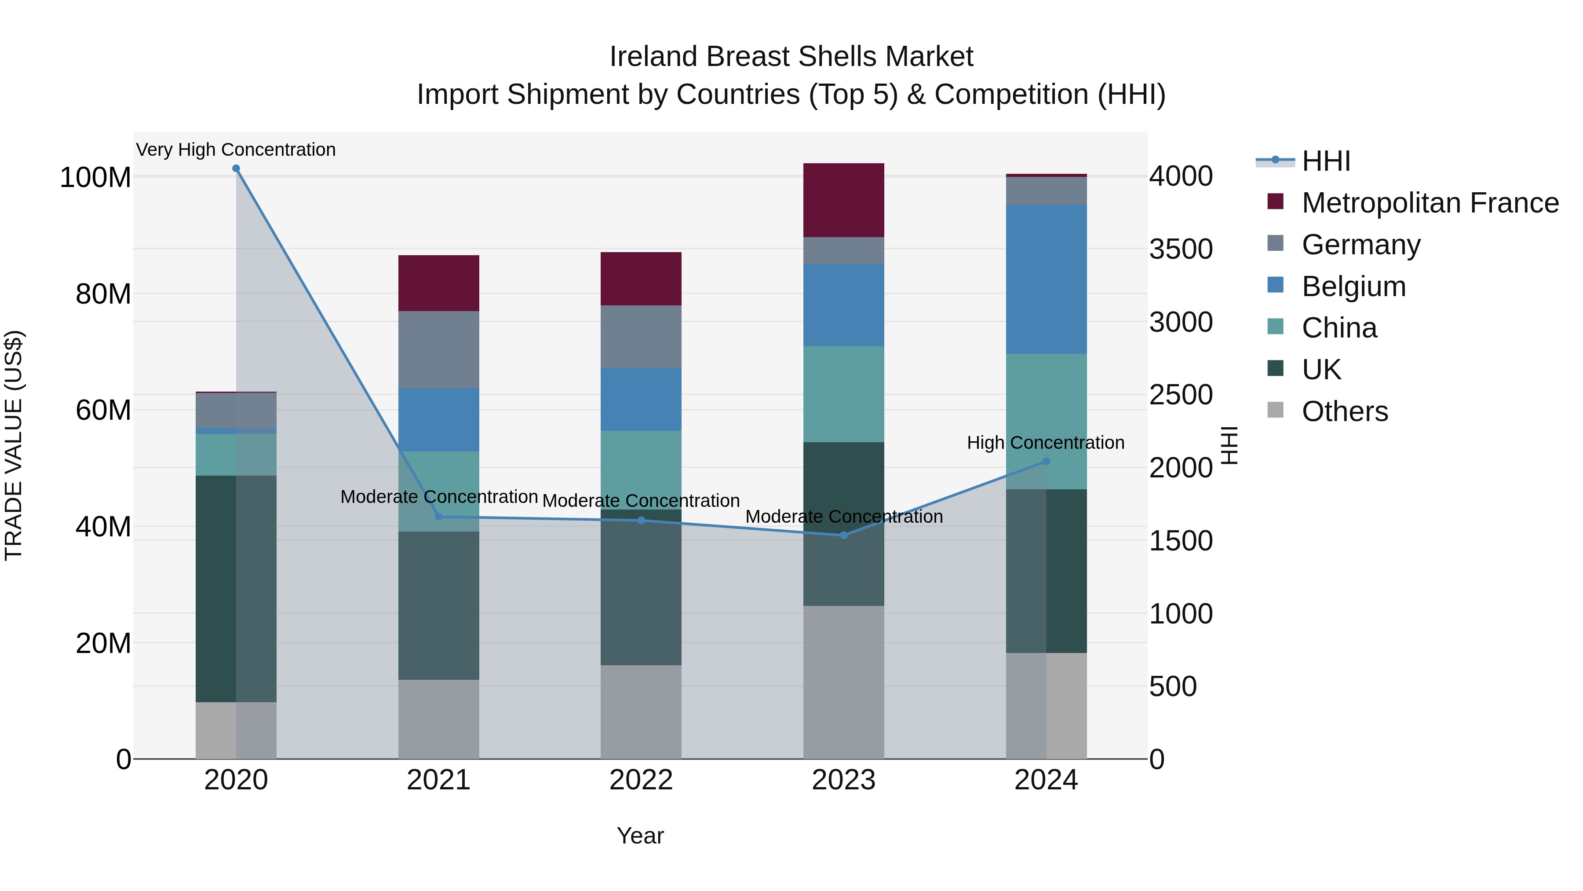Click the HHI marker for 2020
pyautogui.click(x=236, y=169)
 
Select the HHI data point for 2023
pyautogui.click(x=844, y=535)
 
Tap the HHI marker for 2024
pyautogui.click(x=1046, y=461)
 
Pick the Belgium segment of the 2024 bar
pyautogui.click(x=1046, y=279)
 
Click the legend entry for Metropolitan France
pyautogui.click(x=1430, y=203)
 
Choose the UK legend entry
pyautogui.click(x=1321, y=370)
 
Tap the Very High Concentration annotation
pyautogui.click(x=236, y=150)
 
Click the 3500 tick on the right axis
pyautogui.click(x=1181, y=249)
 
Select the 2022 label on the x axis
pyautogui.click(x=641, y=780)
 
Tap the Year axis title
pyautogui.click(x=640, y=836)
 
